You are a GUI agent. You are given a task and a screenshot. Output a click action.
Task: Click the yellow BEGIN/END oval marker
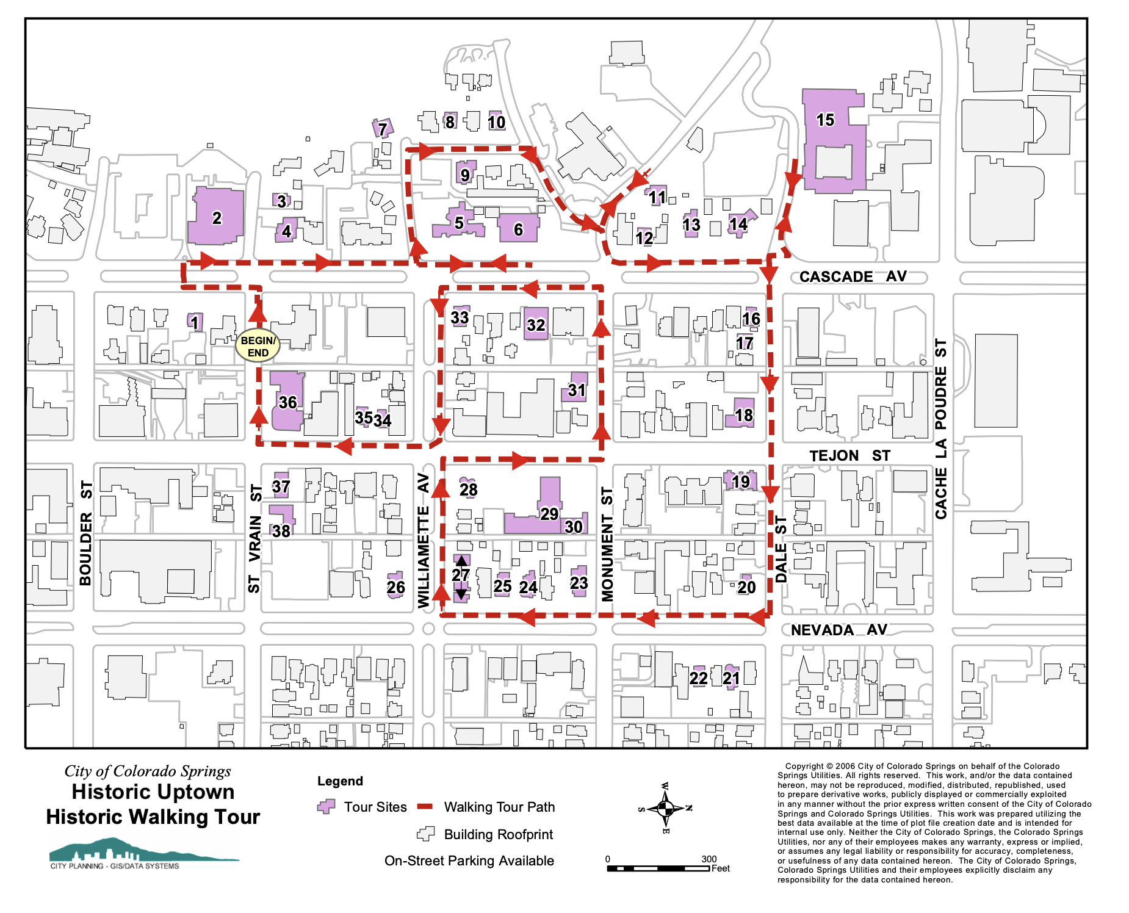point(258,346)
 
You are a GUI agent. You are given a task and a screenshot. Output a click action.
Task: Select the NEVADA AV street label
point(839,630)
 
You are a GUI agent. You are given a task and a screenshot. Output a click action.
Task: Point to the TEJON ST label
point(849,455)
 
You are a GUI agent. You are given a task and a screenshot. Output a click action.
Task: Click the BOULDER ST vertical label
point(85,533)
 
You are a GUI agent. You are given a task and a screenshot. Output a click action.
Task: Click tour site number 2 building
point(216,217)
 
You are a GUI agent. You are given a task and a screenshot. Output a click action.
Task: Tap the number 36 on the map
point(287,402)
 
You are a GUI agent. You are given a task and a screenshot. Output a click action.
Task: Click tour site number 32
point(536,324)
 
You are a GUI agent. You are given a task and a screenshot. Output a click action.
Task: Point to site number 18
point(742,414)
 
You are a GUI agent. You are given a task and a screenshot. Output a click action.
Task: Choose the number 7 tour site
point(382,128)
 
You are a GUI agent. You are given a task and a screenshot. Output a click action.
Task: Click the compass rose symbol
point(665,809)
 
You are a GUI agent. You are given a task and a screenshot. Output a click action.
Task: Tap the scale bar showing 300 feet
point(658,867)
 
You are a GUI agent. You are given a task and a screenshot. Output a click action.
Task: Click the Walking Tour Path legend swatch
point(425,807)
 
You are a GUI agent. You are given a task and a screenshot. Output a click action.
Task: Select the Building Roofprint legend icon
point(425,834)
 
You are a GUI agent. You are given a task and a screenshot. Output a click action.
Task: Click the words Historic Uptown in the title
point(153,792)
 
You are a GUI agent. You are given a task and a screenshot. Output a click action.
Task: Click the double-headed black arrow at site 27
point(461,577)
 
